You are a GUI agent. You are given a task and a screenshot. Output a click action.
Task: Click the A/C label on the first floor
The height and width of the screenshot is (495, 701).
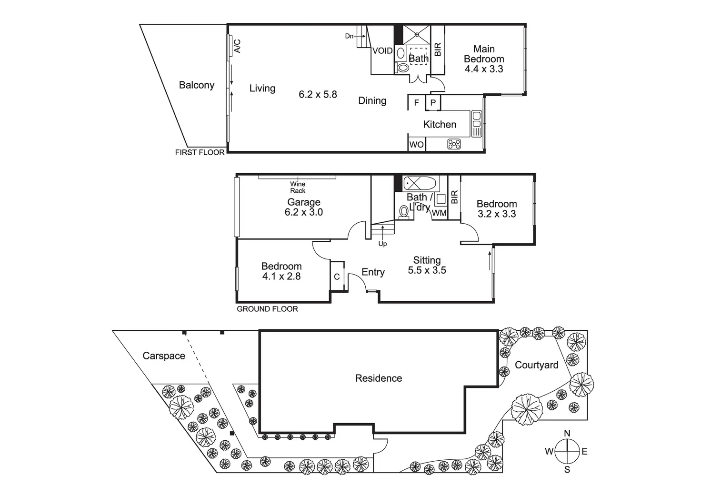(238, 46)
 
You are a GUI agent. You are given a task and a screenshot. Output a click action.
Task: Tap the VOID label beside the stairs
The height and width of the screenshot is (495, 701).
(382, 50)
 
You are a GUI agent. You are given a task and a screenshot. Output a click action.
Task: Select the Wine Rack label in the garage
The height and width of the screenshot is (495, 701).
(298, 188)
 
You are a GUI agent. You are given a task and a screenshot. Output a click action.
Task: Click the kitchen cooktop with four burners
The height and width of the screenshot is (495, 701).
(454, 144)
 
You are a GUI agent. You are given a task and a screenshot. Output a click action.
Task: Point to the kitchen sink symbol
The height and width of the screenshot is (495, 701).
(476, 124)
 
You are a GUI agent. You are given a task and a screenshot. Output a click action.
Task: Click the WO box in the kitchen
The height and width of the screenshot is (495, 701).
(417, 145)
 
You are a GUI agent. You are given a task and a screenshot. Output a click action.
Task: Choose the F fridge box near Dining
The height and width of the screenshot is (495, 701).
(417, 102)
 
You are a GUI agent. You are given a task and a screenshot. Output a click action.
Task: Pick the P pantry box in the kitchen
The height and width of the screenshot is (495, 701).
(433, 102)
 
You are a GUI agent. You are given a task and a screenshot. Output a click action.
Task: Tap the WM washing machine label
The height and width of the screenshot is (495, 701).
(439, 213)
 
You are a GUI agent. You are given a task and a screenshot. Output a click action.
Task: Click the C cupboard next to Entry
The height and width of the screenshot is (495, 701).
(337, 277)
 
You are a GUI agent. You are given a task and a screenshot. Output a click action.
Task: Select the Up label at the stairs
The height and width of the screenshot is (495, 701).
(382, 244)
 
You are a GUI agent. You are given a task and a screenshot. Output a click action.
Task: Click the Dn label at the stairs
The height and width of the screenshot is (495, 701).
(349, 36)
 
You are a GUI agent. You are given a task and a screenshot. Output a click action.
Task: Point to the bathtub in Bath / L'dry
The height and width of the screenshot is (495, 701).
(420, 183)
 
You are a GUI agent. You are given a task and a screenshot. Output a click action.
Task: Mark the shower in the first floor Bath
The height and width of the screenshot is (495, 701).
(417, 35)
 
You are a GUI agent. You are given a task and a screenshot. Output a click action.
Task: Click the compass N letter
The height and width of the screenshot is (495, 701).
(567, 433)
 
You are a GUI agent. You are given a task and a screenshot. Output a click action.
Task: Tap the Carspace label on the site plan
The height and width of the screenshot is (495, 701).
(164, 356)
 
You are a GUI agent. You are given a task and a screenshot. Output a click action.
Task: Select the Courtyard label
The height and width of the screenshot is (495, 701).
(536, 365)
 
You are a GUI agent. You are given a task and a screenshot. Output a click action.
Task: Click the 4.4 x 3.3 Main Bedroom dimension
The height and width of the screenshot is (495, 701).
(484, 69)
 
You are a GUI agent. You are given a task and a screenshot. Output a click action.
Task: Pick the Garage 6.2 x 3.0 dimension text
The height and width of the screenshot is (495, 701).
(303, 212)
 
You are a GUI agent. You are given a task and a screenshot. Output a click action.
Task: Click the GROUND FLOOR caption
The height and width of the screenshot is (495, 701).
(267, 309)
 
